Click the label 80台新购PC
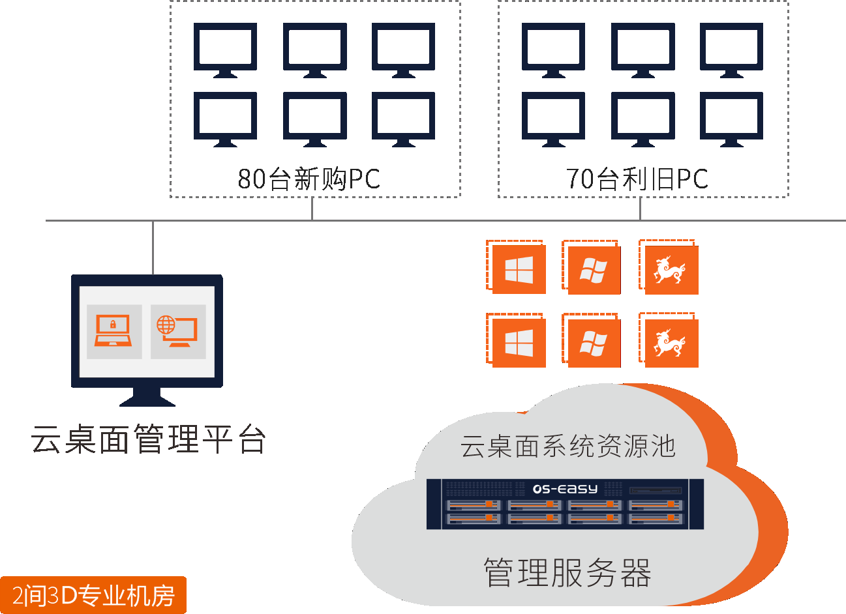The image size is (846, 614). pos(309,179)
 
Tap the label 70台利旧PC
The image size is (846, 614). pos(637,179)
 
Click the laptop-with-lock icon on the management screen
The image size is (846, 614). pos(113,331)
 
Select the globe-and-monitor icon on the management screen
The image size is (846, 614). pos(177,331)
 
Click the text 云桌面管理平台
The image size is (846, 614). pos(148,439)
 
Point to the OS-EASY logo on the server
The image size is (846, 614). pos(565,489)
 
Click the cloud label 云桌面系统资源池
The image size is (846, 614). pos(567,446)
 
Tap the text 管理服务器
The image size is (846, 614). pos(567,572)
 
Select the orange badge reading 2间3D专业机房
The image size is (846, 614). pos(93,595)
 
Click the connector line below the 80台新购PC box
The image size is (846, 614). pos(312,209)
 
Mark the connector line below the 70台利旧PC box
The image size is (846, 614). pos(640,209)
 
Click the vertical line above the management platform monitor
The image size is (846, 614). pos(153,248)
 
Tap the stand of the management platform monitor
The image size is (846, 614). pos(147,396)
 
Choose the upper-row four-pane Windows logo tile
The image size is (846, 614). pos(519,270)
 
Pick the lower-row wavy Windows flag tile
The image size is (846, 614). pos(594,343)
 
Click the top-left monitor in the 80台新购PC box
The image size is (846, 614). pos(225,48)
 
